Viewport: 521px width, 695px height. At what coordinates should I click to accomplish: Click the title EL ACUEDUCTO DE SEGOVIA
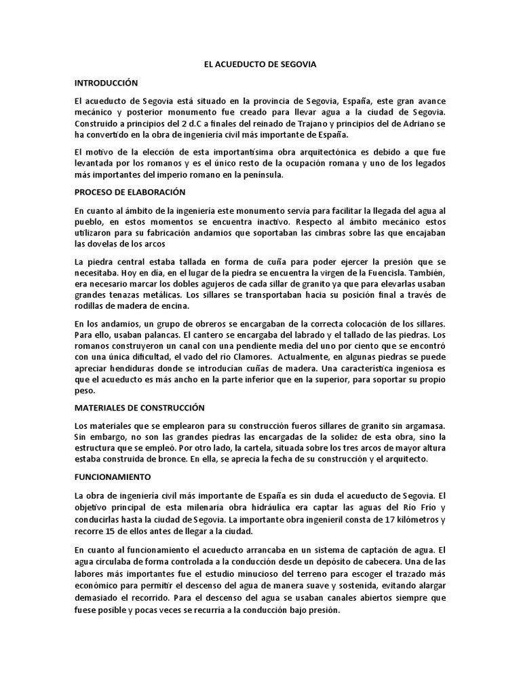(x=260, y=64)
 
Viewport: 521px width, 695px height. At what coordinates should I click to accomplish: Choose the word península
(x=261, y=175)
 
